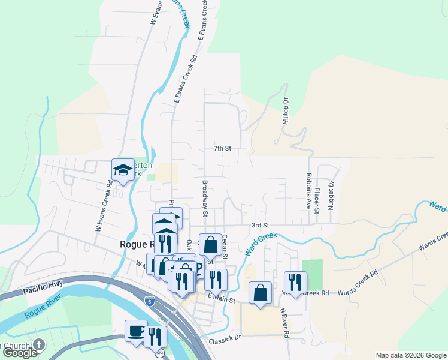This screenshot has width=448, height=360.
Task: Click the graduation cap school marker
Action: [123, 170]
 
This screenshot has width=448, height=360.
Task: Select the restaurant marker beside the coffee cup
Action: [155, 337]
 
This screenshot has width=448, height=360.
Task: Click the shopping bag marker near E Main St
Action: [260, 293]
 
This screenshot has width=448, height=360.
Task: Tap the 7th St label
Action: [222, 148]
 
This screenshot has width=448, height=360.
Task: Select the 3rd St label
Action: [258, 225]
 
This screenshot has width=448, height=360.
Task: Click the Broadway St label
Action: [205, 199]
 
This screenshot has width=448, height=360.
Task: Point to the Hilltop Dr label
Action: [286, 112]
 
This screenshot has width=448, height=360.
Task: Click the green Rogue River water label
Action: [40, 313]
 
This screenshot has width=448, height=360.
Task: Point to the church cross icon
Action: [39, 344]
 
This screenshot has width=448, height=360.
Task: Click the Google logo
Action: [20, 353]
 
